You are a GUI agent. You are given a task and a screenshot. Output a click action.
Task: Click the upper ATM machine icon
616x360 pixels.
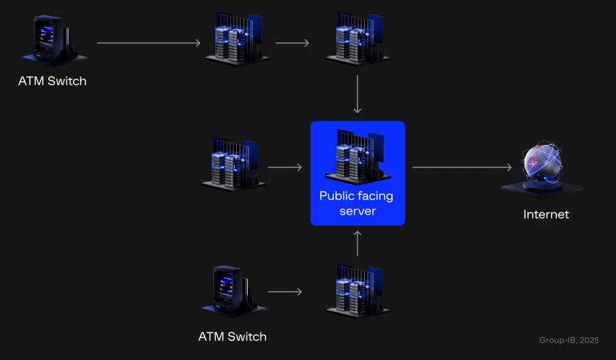(51, 41)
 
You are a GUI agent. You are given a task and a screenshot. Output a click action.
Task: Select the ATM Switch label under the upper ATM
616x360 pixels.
(52, 81)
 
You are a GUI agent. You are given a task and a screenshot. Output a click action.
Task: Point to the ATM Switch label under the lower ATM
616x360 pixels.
(232, 336)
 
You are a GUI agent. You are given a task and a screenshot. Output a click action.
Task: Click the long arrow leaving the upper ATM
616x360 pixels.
(149, 43)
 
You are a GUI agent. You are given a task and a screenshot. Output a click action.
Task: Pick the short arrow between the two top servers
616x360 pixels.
(292, 43)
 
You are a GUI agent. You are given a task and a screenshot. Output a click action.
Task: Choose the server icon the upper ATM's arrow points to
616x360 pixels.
(234, 39)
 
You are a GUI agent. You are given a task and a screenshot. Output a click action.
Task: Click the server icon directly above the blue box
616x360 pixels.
(357, 39)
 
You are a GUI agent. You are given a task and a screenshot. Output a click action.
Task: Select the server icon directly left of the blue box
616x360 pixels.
(234, 164)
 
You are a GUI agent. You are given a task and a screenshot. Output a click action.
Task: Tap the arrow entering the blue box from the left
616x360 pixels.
(284, 166)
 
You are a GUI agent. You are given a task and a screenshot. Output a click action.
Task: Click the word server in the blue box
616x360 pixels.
(357, 211)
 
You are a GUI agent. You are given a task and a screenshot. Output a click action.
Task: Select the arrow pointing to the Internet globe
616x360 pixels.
(462, 166)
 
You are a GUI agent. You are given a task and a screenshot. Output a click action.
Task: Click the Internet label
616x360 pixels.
(546, 215)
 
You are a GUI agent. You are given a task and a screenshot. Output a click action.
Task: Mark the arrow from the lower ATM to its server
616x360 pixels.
(284, 292)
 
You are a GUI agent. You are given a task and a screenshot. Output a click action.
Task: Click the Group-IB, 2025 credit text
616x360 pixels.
(569, 340)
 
